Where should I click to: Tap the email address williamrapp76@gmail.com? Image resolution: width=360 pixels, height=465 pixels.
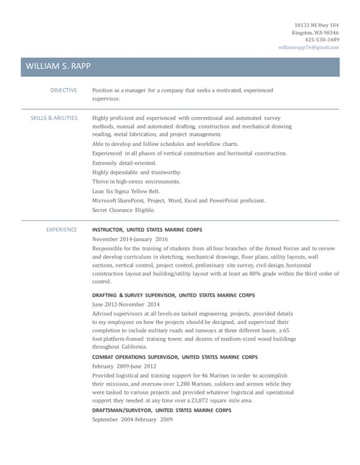[308, 47]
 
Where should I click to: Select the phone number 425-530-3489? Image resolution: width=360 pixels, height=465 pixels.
[321, 40]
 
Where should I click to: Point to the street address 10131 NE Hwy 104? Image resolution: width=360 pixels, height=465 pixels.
[316, 25]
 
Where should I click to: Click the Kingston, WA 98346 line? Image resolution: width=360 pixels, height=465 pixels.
[316, 33]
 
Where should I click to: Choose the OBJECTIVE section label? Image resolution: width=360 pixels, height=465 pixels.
[63, 90]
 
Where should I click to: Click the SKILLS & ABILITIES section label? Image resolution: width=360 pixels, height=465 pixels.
[54, 117]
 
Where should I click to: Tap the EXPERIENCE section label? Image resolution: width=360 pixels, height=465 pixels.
[62, 230]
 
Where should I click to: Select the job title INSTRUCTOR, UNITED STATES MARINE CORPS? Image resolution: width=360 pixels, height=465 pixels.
[147, 230]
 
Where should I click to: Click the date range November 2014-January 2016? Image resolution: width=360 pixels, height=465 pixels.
[129, 239]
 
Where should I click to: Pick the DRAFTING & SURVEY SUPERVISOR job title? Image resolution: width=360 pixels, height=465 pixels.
[173, 295]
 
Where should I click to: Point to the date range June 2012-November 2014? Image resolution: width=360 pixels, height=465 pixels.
[125, 304]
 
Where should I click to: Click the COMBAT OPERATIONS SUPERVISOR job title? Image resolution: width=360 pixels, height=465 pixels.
[175, 357]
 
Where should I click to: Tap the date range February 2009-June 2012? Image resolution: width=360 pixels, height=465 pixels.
[124, 367]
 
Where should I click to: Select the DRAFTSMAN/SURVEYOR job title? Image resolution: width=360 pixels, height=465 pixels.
[161, 411]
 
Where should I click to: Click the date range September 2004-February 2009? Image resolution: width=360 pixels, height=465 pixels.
[132, 420]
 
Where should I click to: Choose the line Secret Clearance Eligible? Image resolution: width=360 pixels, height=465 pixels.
[123, 210]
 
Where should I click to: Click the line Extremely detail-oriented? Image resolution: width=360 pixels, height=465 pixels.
[124, 163]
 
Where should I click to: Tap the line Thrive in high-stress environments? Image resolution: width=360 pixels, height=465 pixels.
[136, 182]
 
